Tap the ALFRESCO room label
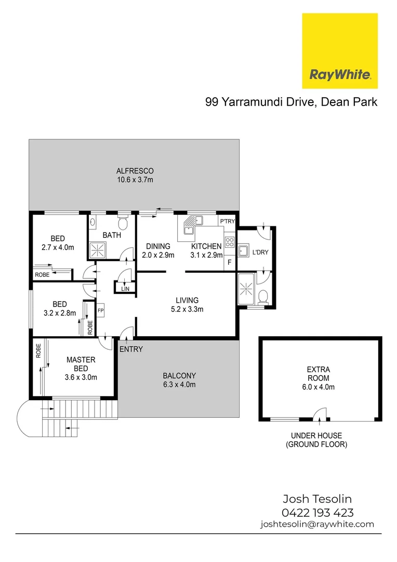pos(135,171)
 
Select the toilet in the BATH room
pos(123,223)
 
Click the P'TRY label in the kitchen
pos(228,222)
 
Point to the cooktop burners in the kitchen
pos(229,243)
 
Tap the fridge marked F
pos(230,263)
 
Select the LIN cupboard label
pos(125,288)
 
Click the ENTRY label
pos(131,349)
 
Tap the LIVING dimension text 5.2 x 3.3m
pos(187,309)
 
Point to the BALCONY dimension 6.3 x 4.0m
pos(179,385)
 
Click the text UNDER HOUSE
pos(316,436)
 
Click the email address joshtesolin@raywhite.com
pos(317,525)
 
